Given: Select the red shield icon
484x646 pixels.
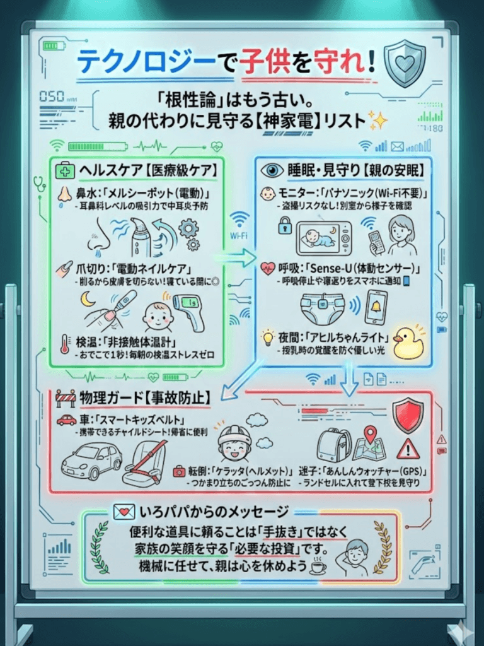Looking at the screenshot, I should [407, 415].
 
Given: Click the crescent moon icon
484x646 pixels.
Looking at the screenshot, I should [88, 299].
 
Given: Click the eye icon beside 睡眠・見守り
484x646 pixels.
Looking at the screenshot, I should [273, 170].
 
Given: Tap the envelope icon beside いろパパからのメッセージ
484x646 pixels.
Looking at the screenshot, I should [121, 511].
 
